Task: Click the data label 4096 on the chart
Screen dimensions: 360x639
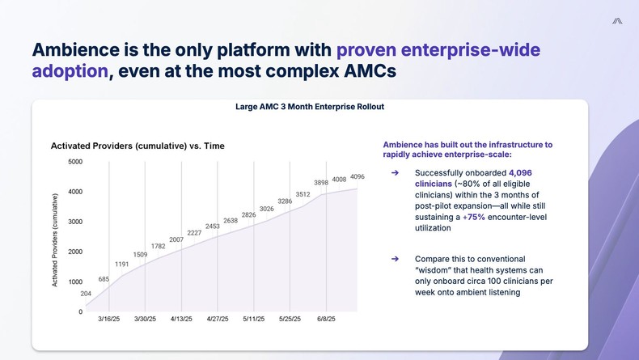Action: tap(358, 176)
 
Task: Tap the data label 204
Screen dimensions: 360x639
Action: tap(86, 294)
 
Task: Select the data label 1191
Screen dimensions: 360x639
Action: tap(122, 264)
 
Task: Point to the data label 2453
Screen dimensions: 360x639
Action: tap(213, 227)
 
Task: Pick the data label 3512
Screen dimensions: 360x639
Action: tap(303, 194)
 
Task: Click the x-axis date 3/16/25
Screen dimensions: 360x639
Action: tap(109, 320)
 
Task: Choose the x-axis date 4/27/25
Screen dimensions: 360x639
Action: tap(218, 320)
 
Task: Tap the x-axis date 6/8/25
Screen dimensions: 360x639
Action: tap(326, 320)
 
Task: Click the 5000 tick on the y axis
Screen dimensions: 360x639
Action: tap(74, 162)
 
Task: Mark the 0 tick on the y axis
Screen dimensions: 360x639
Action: tap(80, 312)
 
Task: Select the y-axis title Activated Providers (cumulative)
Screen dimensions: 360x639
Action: tap(55, 239)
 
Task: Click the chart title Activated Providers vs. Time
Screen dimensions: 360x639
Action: tap(137, 146)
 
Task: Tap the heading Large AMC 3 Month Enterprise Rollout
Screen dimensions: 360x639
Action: tap(309, 107)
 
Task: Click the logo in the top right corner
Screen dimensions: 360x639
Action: tap(617, 21)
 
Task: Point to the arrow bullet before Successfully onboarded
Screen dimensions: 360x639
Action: tap(395, 173)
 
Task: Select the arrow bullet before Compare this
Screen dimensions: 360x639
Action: tap(395, 259)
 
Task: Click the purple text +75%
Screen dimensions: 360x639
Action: tap(475, 217)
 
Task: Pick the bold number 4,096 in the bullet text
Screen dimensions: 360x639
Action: tap(520, 173)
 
